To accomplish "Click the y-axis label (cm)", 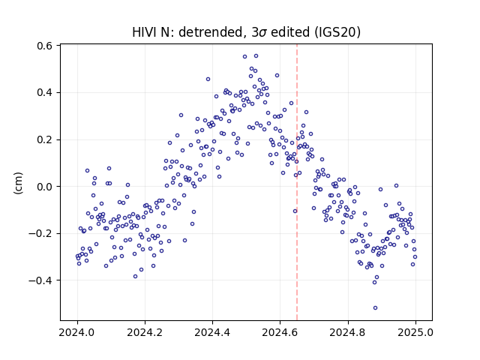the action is click(18, 183).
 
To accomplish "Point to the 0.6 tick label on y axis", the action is click(44, 46).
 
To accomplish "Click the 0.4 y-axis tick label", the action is click(44, 92).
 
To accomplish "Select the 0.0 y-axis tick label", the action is click(44, 187).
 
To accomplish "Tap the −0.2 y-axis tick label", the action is click(40, 233).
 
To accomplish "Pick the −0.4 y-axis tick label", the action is click(40, 280).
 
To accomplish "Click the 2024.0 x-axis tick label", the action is click(77, 332).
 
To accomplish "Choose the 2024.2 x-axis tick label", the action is click(145, 332).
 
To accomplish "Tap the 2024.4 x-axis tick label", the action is click(212, 332).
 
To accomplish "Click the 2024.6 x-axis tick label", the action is click(280, 332).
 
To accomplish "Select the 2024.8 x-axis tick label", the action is click(348, 332).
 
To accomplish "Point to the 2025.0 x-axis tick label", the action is click(415, 332).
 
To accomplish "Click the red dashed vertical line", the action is click(297, 182).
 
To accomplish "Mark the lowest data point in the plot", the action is click(375, 307).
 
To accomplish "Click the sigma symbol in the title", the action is click(262, 33).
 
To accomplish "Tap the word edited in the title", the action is click(290, 32).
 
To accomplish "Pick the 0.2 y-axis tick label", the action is click(44, 139).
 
